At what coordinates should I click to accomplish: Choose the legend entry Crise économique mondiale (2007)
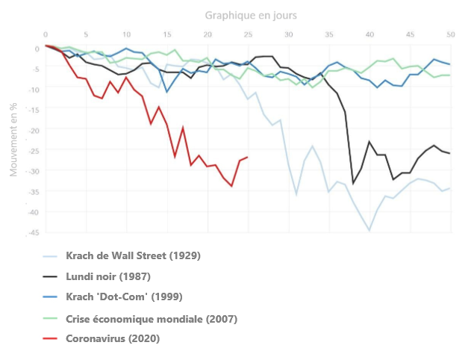click(x=152, y=319)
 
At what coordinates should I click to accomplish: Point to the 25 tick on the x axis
click(x=248, y=34)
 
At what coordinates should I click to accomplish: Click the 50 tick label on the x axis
click(x=450, y=34)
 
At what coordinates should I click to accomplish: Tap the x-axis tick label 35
click(x=329, y=34)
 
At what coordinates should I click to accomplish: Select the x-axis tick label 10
click(x=126, y=34)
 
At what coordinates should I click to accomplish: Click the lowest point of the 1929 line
click(x=369, y=230)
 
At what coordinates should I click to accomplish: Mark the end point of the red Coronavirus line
click(x=248, y=157)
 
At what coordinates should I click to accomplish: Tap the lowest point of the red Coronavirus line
click(x=232, y=185)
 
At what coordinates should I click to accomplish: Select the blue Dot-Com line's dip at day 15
click(x=167, y=92)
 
